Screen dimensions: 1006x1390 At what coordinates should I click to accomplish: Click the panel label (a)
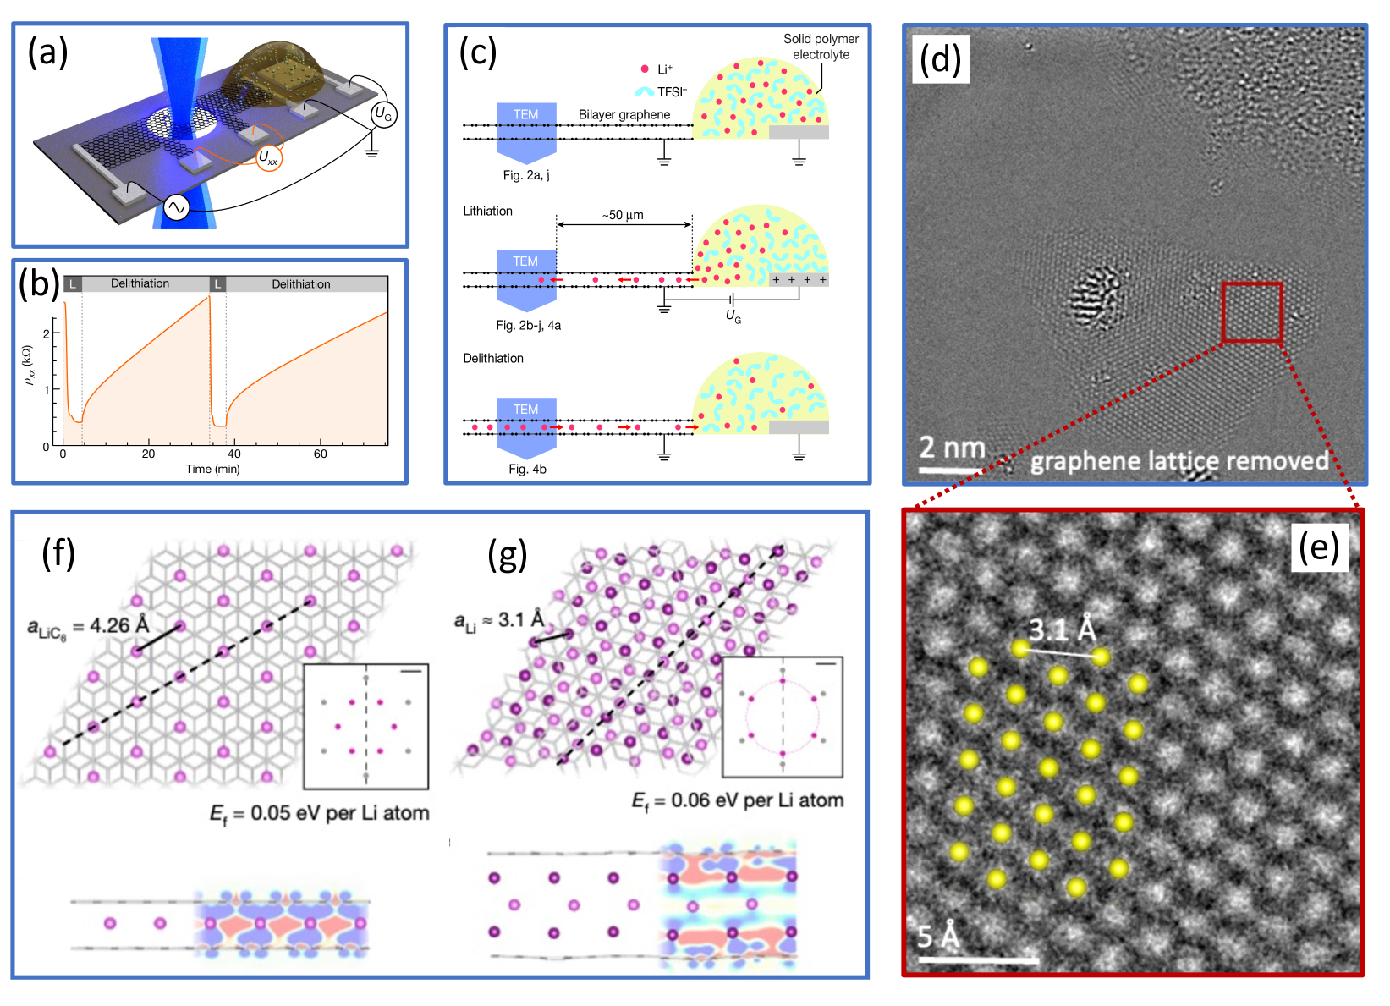pos(47,52)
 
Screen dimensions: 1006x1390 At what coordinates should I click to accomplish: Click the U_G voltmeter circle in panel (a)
pos(383,115)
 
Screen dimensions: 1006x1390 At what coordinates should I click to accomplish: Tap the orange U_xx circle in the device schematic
pos(269,157)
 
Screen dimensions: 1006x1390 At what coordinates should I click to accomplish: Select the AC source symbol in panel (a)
pos(177,207)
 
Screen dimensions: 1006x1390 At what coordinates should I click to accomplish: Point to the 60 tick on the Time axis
pos(320,454)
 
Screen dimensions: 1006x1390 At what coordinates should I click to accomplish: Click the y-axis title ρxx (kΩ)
pos(29,366)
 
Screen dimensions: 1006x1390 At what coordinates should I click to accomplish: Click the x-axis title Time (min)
pos(212,469)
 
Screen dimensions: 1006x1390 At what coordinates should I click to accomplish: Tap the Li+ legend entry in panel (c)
pos(657,69)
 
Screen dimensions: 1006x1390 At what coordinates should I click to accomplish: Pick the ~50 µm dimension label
pos(624,215)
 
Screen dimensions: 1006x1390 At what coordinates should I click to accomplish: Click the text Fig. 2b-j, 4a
pos(529,325)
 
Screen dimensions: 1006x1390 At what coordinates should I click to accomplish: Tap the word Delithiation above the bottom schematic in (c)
pos(493,358)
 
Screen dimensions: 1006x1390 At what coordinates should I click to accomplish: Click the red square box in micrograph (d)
pos(1252,313)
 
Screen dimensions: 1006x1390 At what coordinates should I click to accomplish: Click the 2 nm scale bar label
pos(952,448)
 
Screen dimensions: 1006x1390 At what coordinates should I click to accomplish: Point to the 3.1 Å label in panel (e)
pos(1062,629)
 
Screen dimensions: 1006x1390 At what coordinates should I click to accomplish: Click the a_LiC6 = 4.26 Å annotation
pos(88,627)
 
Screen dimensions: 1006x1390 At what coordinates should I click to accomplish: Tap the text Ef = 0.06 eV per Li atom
pos(738,800)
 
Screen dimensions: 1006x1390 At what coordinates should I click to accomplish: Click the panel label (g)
pos(508,555)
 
